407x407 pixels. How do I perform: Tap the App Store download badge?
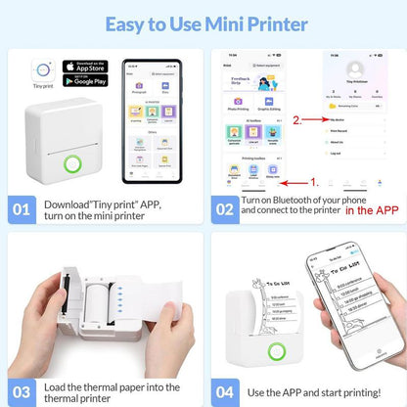pyautogui.click(x=83, y=68)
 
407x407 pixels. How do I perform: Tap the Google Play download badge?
pyautogui.click(x=83, y=81)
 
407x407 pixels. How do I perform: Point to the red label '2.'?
pyautogui.click(x=296, y=119)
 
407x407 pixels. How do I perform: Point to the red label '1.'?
pyautogui.click(x=314, y=182)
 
